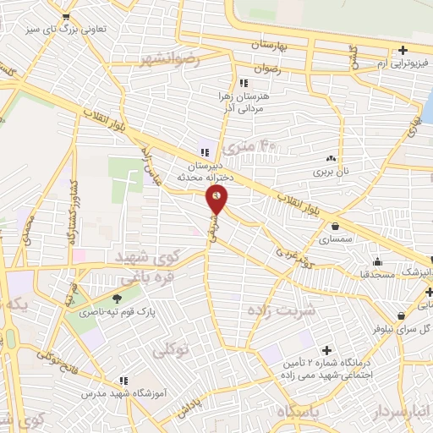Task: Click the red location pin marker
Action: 217,201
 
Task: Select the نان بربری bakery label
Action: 333,172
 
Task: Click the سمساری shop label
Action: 337,240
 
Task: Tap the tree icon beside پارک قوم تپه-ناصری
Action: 117,297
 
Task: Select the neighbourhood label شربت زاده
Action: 281,310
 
